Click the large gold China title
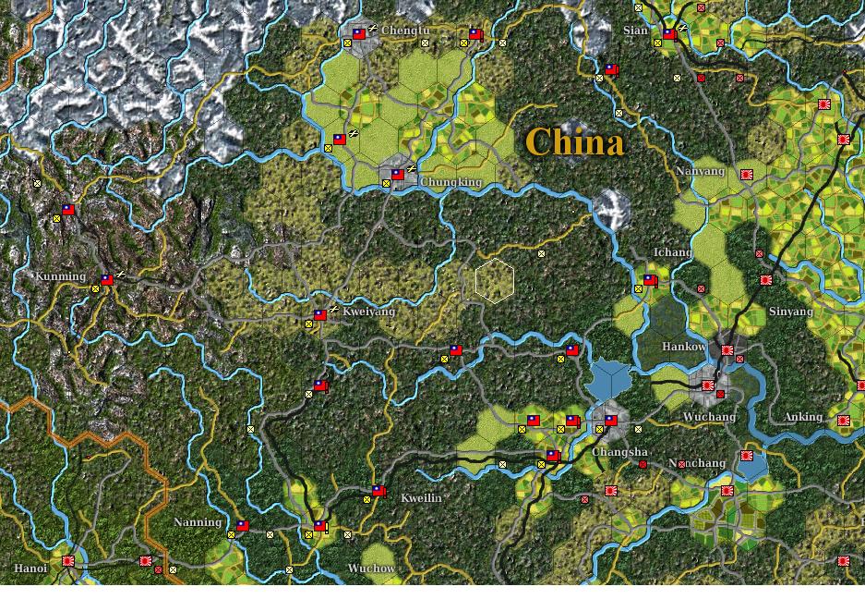[x=574, y=142]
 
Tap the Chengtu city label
[x=405, y=31]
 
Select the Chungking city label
[x=451, y=182]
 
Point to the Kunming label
[x=60, y=276]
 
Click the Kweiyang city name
[x=368, y=312]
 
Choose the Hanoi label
[x=30, y=568]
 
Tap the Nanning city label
[x=198, y=522]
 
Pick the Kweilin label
[x=421, y=498]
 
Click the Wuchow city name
[x=371, y=568]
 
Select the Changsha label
[x=619, y=452]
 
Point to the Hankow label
[x=684, y=347]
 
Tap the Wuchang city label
[x=709, y=417]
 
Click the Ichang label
[x=672, y=252]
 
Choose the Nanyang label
[x=701, y=172]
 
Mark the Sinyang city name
[x=790, y=312]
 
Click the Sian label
[x=635, y=31]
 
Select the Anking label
[x=802, y=417]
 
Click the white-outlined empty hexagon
[x=495, y=280]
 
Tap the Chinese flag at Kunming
[x=107, y=278]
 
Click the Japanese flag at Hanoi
[x=68, y=560]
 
